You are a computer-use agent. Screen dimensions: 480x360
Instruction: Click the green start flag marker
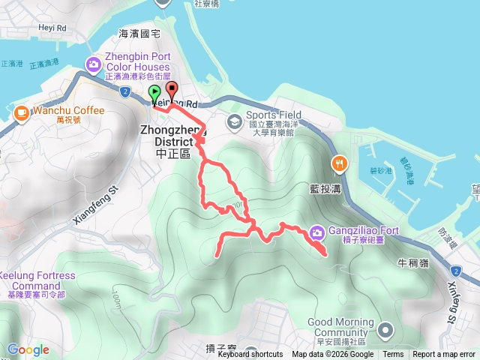pyautogui.click(x=154, y=94)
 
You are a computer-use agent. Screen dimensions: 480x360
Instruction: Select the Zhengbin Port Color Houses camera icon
pyautogui.click(x=93, y=64)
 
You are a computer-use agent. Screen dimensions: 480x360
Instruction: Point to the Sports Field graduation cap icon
pyautogui.click(x=235, y=120)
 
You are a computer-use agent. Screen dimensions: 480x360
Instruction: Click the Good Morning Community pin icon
pyautogui.click(x=385, y=330)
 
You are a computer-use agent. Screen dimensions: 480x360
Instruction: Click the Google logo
pyautogui.click(x=28, y=349)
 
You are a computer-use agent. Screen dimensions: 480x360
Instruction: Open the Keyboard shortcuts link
pyautogui.click(x=250, y=355)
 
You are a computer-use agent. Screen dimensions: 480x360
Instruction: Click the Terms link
pyautogui.click(x=393, y=355)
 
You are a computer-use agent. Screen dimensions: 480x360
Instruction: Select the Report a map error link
pyautogui.click(x=444, y=355)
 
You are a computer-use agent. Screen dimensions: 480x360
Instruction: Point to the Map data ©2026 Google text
pyautogui.click(x=332, y=355)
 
